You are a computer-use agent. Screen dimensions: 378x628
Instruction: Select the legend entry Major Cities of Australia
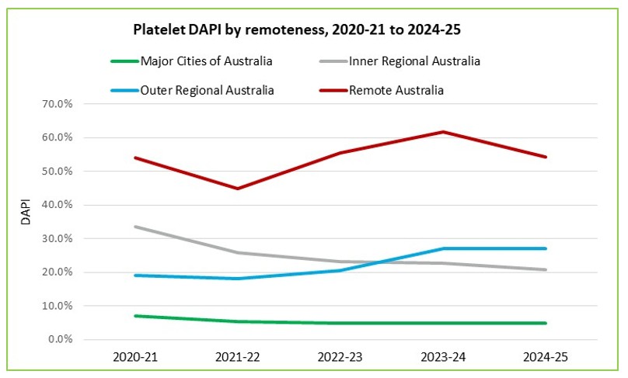207,61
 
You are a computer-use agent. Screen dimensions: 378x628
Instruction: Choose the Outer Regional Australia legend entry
208,90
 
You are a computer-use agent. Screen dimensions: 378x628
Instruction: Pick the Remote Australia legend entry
397,90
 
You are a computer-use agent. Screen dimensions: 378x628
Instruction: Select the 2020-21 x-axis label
135,358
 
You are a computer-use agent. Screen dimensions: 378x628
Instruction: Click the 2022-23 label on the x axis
340,358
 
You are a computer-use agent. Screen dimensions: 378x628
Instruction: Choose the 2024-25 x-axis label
546,358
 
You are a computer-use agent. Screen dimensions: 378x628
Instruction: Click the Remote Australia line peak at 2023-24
443,132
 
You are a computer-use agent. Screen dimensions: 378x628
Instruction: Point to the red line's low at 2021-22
238,189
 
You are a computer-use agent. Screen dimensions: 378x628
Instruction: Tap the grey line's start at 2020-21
135,227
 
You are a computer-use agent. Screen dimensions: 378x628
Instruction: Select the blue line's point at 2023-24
443,248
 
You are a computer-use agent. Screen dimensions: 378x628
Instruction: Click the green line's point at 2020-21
135,316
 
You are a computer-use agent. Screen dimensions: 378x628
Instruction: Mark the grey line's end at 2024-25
546,269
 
